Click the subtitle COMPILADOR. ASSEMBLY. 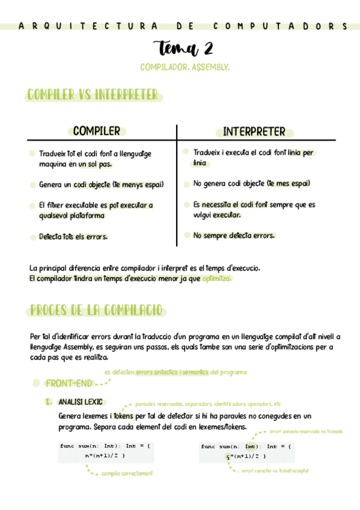pyautogui.click(x=185, y=67)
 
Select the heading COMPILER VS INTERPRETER pyautogui.click(x=93, y=95)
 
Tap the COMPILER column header pyautogui.click(x=97, y=131)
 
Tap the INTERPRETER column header pyautogui.click(x=254, y=132)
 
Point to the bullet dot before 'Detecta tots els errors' pyautogui.click(x=32, y=237)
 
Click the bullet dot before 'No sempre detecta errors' pyautogui.click(x=187, y=235)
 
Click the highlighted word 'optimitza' pyautogui.click(x=216, y=278)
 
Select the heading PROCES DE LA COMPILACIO pyautogui.click(x=96, y=310)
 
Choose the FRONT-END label pyautogui.click(x=69, y=383)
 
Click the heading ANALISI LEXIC pyautogui.click(x=80, y=401)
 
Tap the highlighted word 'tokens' pyautogui.click(x=123, y=416)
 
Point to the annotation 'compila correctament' pyautogui.click(x=127, y=473)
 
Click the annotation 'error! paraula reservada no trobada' pyautogui.click(x=306, y=431)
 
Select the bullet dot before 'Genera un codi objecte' pyautogui.click(x=32, y=185)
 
